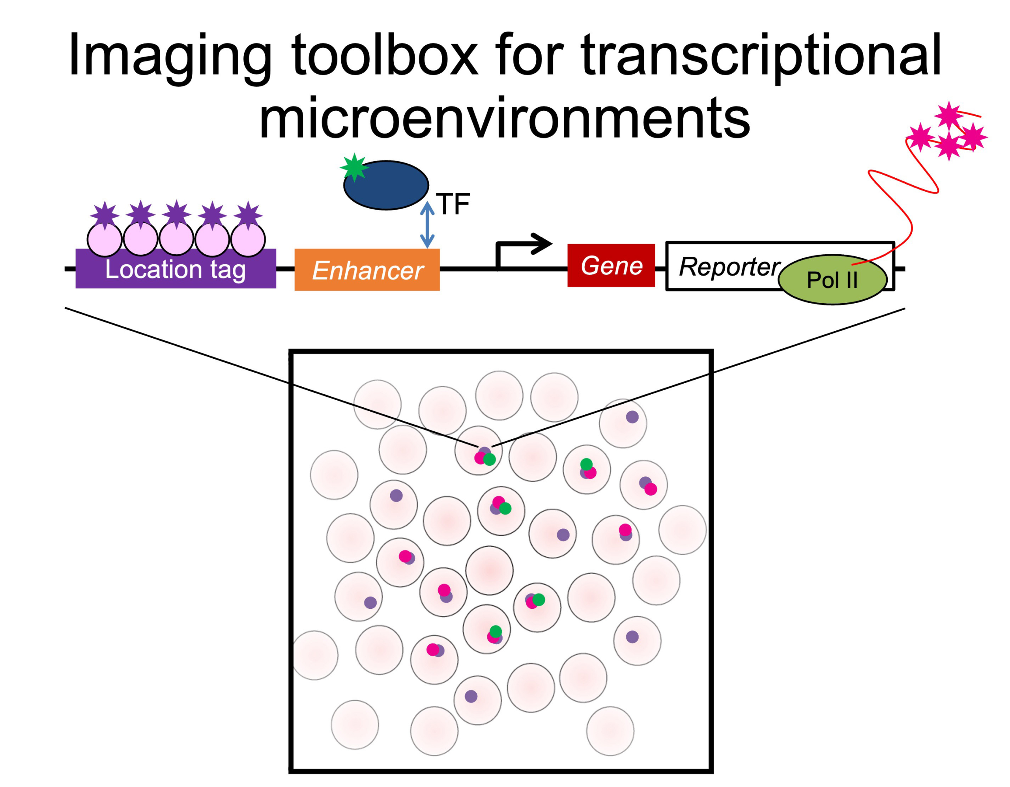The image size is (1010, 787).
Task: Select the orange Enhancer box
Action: pyautogui.click(x=367, y=270)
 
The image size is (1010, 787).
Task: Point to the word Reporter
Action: pyautogui.click(x=730, y=267)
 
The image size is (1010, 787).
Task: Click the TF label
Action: pyautogui.click(x=454, y=204)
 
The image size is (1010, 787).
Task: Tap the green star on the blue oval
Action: pyautogui.click(x=354, y=167)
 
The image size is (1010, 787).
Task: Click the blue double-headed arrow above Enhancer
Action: pyautogui.click(x=427, y=225)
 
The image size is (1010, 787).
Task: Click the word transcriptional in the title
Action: pyautogui.click(x=761, y=56)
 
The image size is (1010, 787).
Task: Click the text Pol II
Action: pyautogui.click(x=832, y=280)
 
